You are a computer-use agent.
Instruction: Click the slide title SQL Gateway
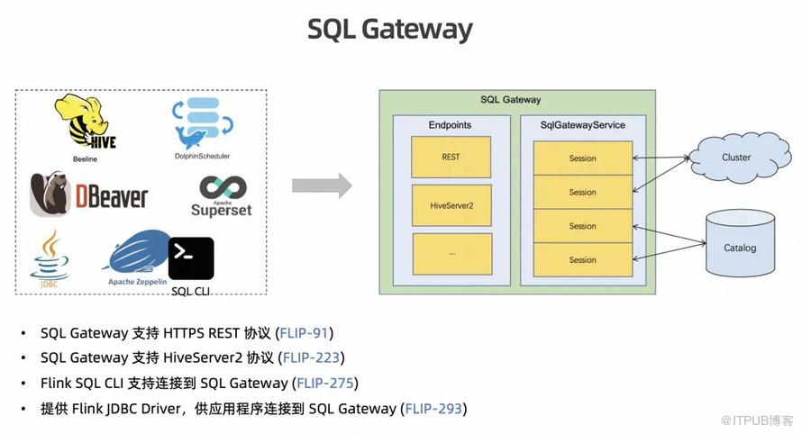(x=389, y=29)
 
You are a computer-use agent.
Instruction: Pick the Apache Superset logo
(x=221, y=195)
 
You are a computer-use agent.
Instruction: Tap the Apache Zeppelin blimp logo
(x=137, y=254)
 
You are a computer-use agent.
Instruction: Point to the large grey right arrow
(x=321, y=186)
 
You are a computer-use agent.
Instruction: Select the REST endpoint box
(x=451, y=158)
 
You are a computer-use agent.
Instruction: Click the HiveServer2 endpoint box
(x=451, y=206)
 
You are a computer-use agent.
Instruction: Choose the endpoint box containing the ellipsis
(x=451, y=255)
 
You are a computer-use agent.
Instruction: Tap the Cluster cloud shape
(x=735, y=158)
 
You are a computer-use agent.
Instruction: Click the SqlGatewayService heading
(x=582, y=125)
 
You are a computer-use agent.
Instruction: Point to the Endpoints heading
(x=450, y=125)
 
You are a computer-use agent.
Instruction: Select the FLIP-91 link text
(x=305, y=333)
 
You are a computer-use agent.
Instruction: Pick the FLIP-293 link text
(x=433, y=409)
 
